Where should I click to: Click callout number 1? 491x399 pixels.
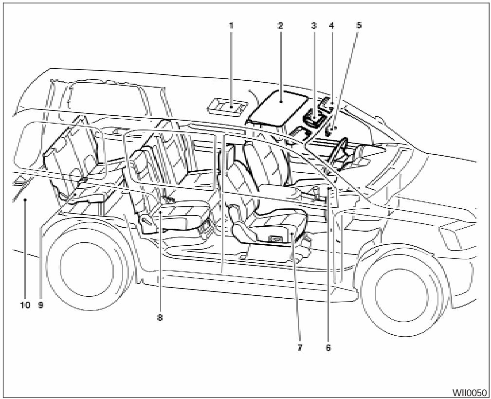click(231, 25)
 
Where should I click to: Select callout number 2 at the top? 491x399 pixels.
click(280, 25)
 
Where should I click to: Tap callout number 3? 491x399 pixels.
click(314, 25)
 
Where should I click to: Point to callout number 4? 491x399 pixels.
click(331, 25)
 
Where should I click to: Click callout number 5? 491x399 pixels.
click(359, 25)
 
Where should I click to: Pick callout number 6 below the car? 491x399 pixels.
click(328, 348)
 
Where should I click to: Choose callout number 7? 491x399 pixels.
click(300, 348)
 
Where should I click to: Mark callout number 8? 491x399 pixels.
click(160, 317)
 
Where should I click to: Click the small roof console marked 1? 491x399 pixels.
click(227, 106)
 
